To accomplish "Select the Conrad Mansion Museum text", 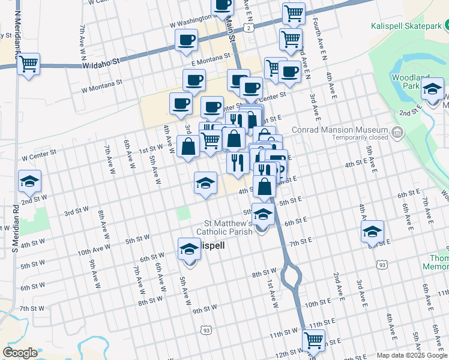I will click(339, 130).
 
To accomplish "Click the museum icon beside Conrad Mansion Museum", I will click(396, 133).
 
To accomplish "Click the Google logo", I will click(20, 352).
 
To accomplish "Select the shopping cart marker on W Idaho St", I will click(28, 64).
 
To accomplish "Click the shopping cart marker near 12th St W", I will click(313, 340).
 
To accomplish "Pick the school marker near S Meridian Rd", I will click(28, 181).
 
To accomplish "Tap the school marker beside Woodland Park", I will click(432, 90).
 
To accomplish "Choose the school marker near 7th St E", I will click(372, 231).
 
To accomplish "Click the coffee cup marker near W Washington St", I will click(223, 5).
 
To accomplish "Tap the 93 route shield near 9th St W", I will click(206, 329).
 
